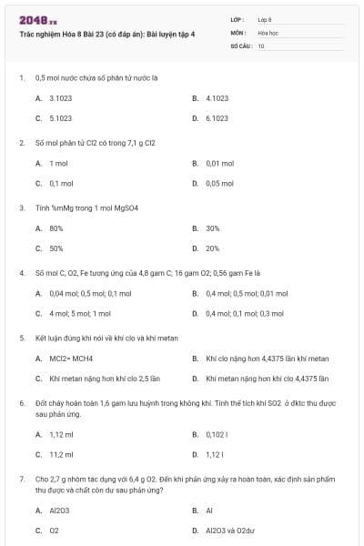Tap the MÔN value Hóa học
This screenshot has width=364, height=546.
coord(267,31)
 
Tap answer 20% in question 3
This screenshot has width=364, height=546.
coord(213,248)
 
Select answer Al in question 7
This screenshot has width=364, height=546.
coord(208,510)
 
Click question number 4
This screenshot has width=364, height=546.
coord(22,272)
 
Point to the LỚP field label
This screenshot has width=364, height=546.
coord(238,19)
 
